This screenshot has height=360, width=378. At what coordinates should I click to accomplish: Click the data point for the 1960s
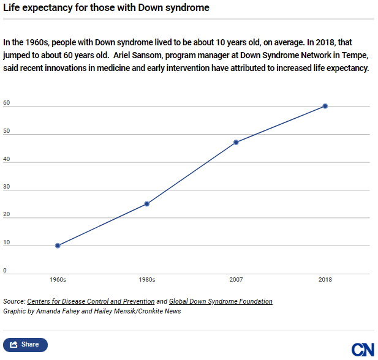coord(58,246)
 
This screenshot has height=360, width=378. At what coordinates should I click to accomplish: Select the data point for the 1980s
coord(147,204)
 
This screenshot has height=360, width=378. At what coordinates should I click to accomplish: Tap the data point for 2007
coord(236,142)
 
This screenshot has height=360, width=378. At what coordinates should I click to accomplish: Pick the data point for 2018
coord(325,106)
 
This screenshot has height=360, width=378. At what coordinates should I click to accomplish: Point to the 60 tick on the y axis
coord(6,103)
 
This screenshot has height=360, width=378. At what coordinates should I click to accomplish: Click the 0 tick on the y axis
coord(5,270)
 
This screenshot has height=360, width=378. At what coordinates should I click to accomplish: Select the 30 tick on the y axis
coord(6,187)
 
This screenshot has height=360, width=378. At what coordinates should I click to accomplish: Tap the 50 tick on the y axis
coord(6,131)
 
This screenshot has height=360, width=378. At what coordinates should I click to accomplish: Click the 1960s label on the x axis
coord(58,280)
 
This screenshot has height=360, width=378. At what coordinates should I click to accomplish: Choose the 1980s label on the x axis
coord(147,280)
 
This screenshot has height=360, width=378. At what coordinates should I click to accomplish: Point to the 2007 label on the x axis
coord(236,280)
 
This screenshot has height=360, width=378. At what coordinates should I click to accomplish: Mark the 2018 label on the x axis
coord(325,280)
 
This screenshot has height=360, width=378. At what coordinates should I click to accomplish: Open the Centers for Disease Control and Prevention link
coord(91,301)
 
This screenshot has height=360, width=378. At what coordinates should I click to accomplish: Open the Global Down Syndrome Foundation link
coord(221,301)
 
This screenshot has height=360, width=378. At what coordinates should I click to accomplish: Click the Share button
coord(25,345)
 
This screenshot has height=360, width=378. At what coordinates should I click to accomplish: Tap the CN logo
coord(363,349)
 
